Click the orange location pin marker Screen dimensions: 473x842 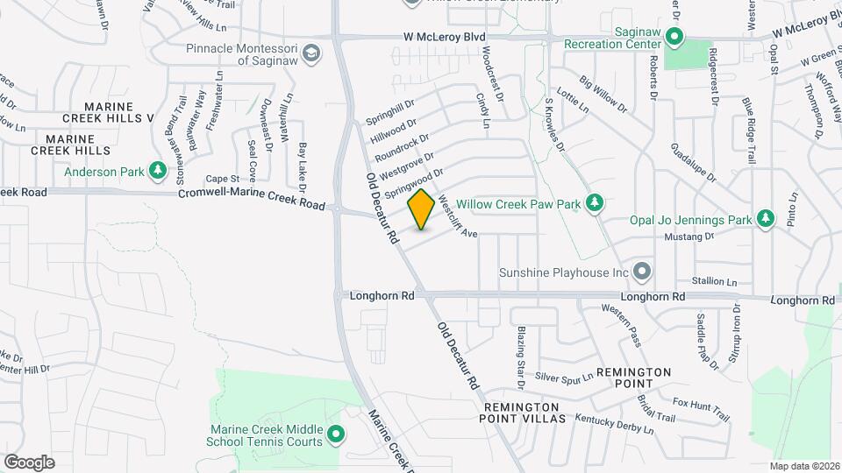tap(422, 209)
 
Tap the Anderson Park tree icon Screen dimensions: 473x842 tap(158, 170)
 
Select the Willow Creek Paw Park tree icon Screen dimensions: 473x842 tap(595, 203)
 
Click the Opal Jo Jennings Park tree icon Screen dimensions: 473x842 tap(766, 218)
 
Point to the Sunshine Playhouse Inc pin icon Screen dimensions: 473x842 tap(643, 272)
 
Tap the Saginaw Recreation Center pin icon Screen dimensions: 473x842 tap(674, 37)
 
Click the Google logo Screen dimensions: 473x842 tap(29, 462)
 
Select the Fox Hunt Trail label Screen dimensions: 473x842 tap(702, 406)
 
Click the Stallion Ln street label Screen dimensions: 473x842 tap(715, 281)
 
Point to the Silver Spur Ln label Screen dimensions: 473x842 tap(564, 377)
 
